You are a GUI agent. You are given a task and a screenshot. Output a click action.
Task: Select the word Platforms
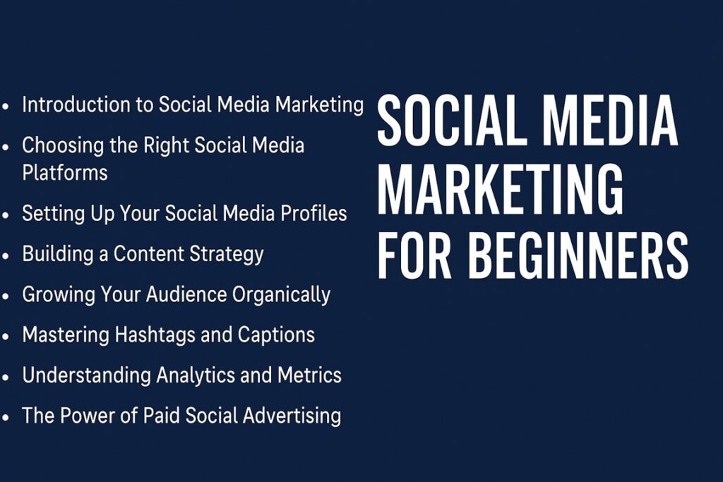pyautogui.click(x=65, y=172)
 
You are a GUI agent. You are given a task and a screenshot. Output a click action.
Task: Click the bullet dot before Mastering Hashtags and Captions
pyautogui.click(x=6, y=336)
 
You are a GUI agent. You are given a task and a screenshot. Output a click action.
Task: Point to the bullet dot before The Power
pyautogui.click(x=6, y=417)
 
